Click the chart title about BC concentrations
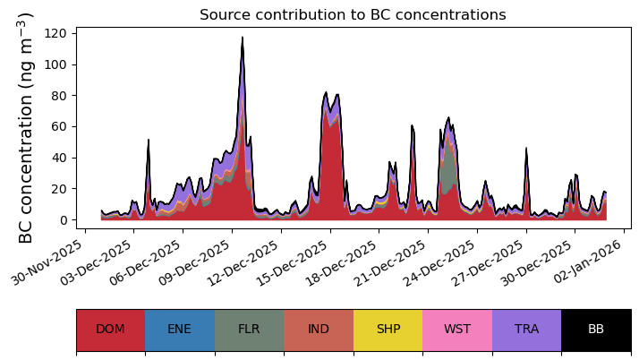(x=353, y=15)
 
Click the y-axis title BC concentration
(x=26, y=128)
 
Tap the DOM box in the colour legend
(x=110, y=330)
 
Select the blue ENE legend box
(x=179, y=330)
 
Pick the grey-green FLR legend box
(x=249, y=330)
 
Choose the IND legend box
(x=319, y=330)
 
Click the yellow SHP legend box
(x=388, y=330)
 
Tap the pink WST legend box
(x=457, y=330)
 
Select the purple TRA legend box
(x=526, y=330)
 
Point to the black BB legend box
(x=596, y=330)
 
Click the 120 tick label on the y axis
(x=57, y=33)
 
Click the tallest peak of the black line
(x=242, y=38)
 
